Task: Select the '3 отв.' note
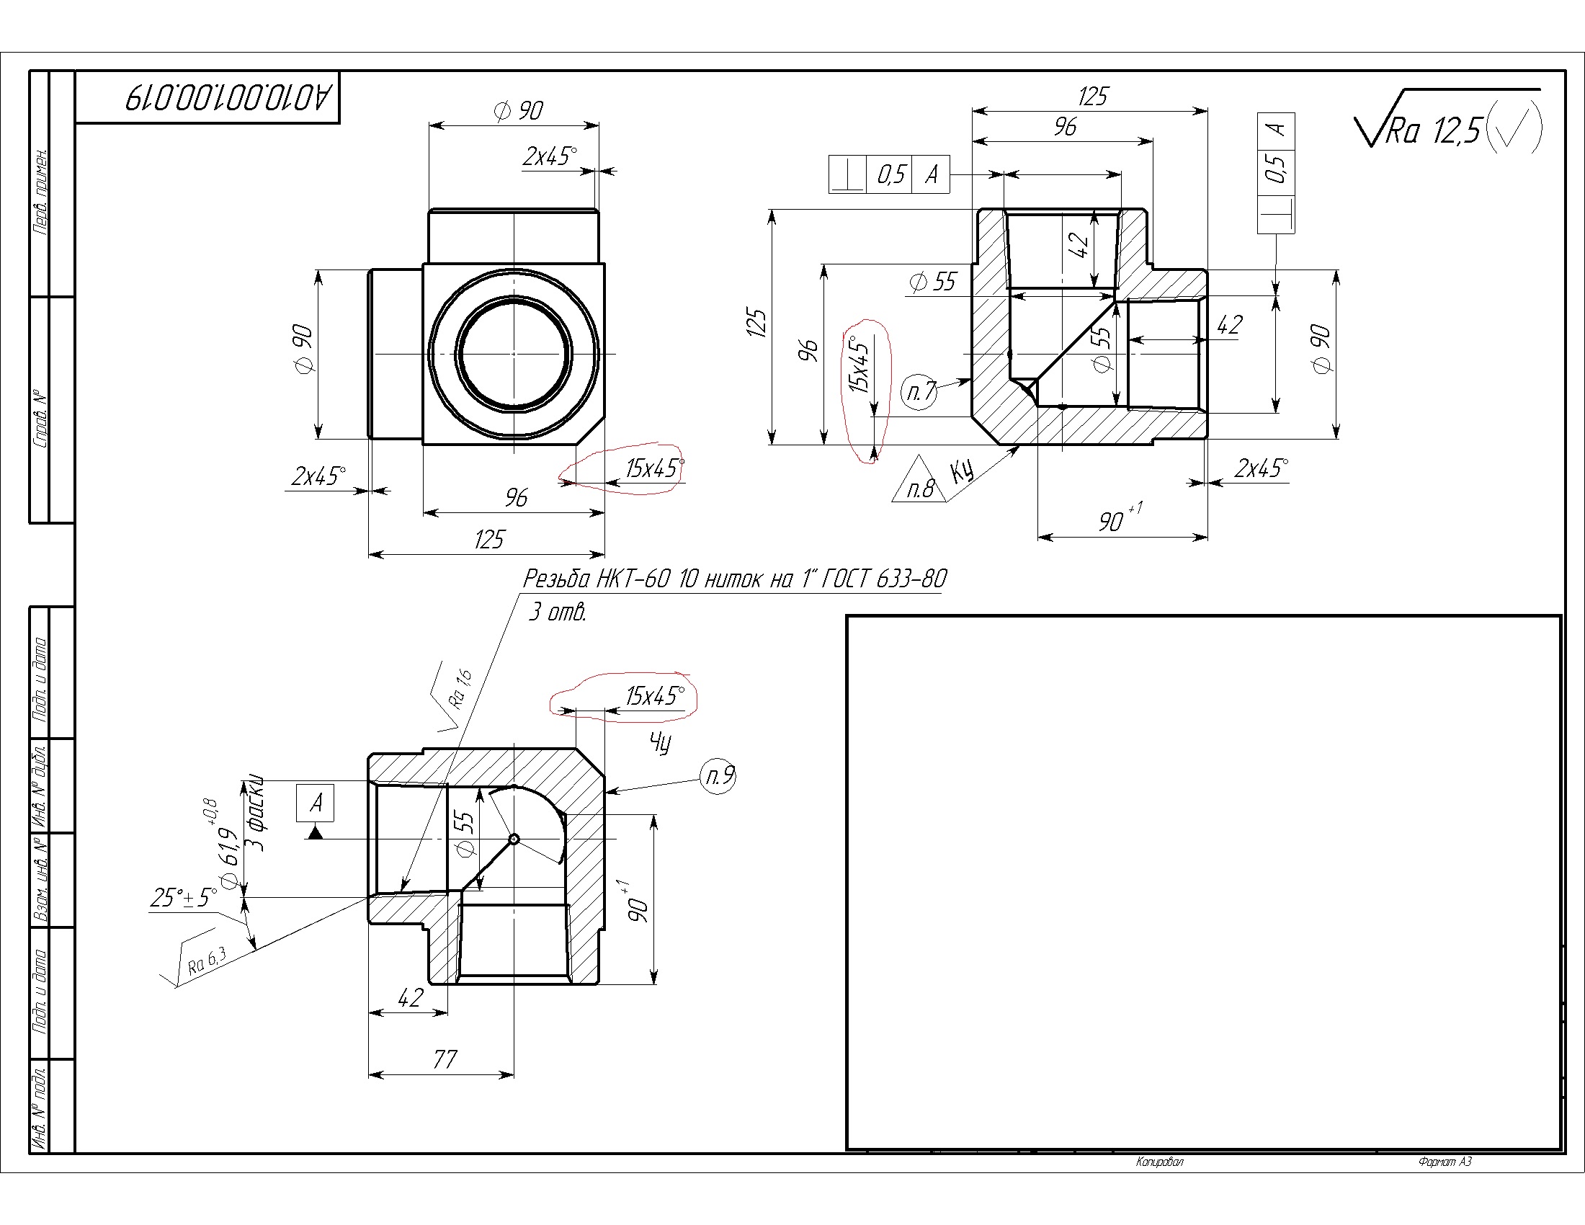557,612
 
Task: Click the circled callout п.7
919,391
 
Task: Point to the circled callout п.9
719,776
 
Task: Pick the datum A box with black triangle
315,811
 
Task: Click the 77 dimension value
445,1059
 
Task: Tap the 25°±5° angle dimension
184,898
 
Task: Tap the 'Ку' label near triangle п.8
963,473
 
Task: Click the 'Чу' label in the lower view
661,742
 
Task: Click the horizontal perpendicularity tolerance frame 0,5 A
889,174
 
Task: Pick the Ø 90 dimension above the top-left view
518,111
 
